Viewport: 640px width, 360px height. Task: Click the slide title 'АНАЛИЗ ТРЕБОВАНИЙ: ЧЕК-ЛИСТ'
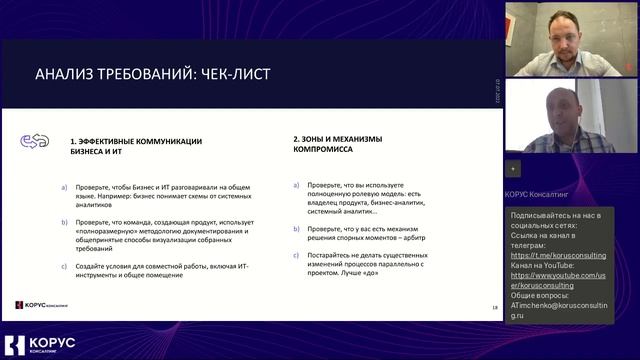[x=153, y=75]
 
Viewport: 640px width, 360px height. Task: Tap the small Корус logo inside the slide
[x=42, y=306]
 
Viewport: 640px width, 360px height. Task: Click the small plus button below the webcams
[x=512, y=168]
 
